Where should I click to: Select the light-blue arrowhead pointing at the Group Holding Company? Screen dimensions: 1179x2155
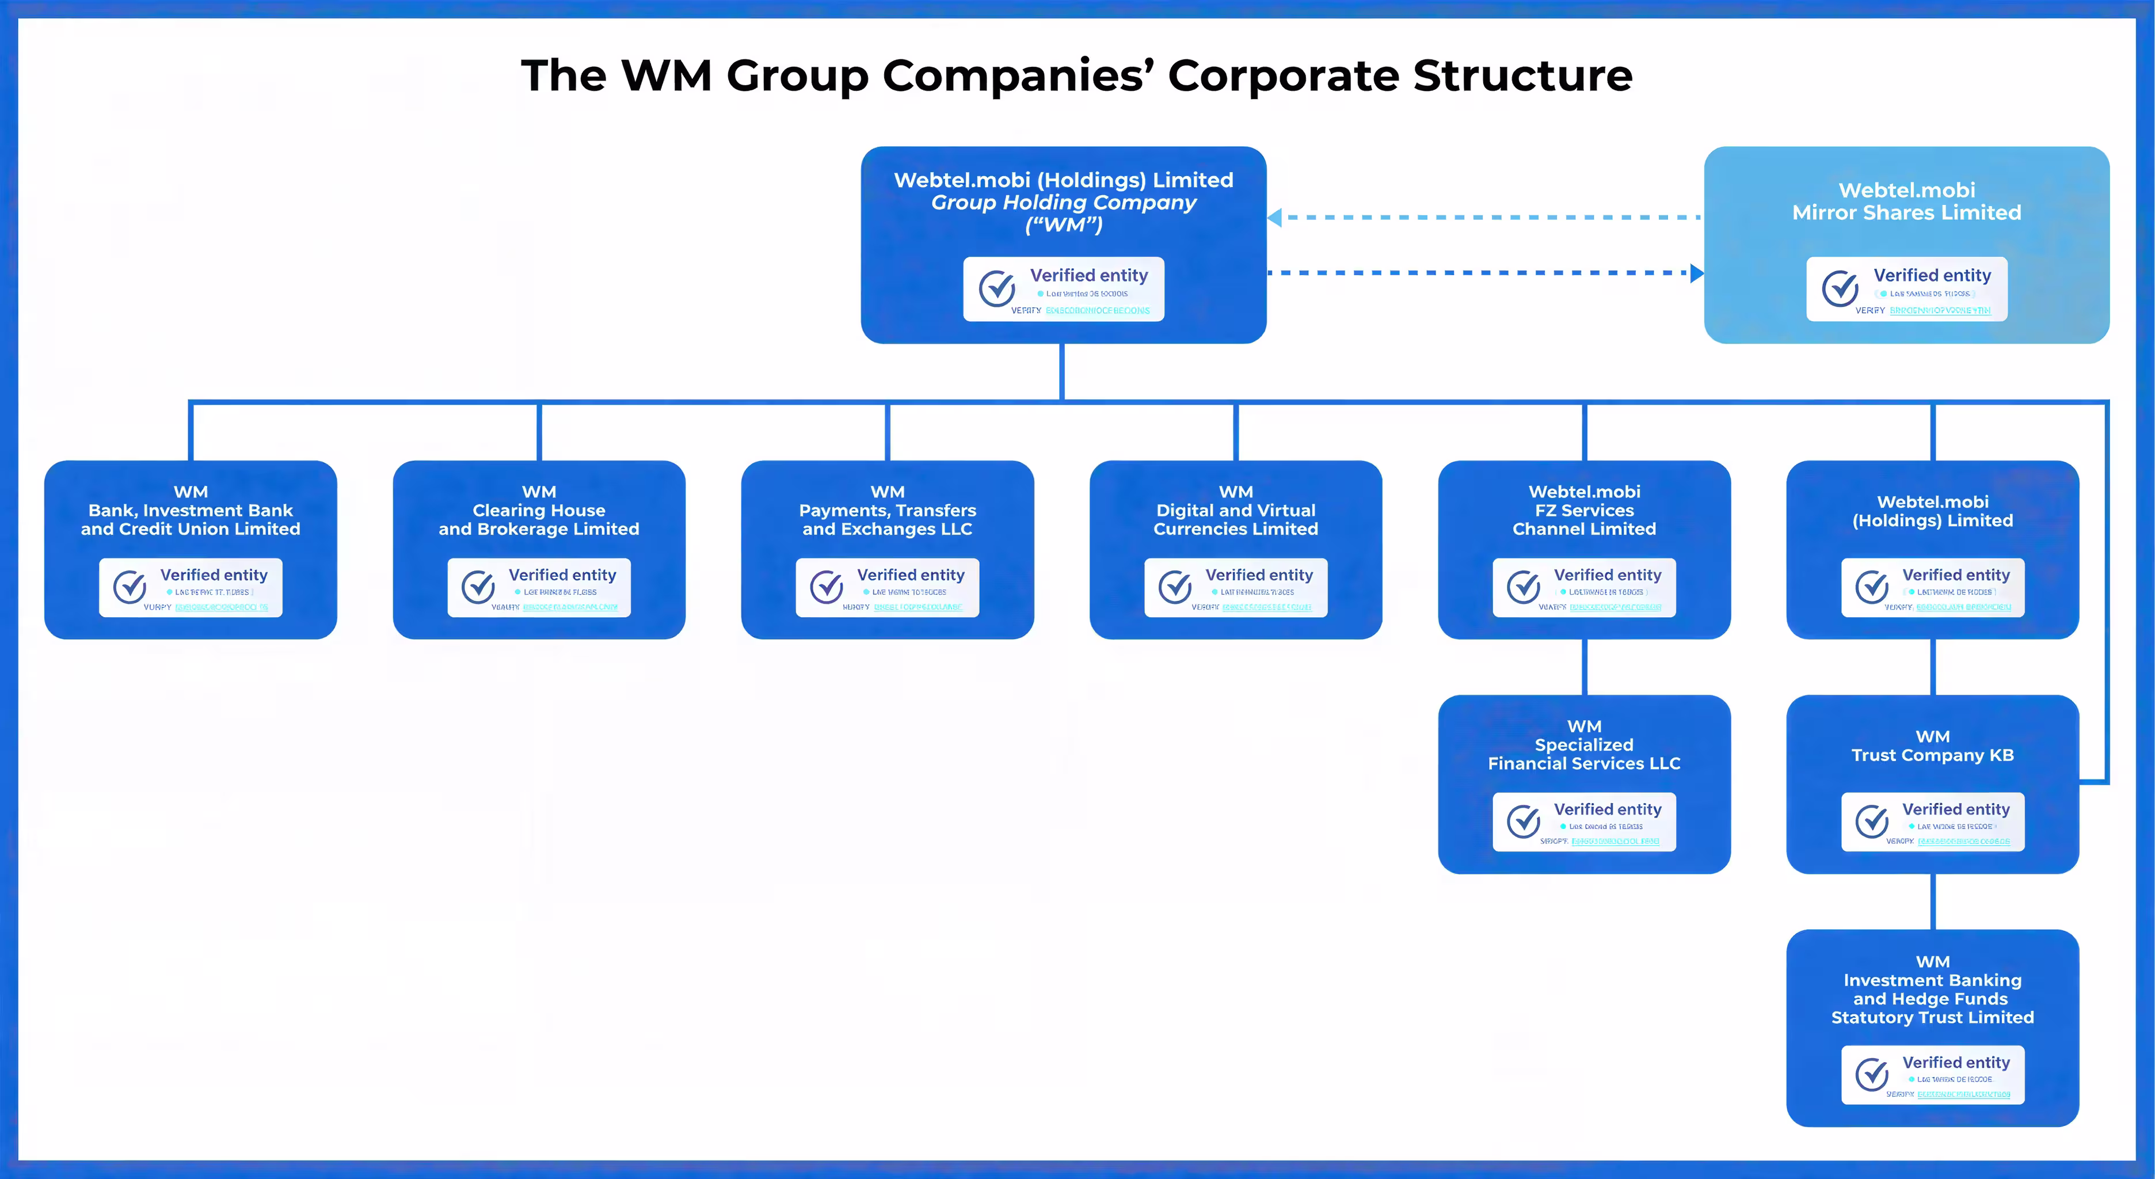[1276, 218]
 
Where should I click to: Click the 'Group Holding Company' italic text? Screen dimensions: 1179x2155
[1063, 203]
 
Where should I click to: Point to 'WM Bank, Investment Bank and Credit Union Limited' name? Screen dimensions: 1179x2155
[191, 511]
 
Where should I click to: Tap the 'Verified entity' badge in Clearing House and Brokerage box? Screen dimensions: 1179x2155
[539, 587]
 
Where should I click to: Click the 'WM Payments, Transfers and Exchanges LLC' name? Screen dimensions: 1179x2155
[887, 511]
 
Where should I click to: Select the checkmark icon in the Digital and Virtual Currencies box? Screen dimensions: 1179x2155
[1175, 587]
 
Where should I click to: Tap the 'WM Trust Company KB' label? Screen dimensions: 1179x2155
[1932, 747]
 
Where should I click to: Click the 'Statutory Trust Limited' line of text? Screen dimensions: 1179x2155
[1932, 1017]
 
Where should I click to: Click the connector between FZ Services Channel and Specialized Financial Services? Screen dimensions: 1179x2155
[1585, 667]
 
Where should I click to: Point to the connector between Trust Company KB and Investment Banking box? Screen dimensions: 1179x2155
[1932, 901]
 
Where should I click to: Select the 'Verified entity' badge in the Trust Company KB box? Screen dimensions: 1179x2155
[1932, 822]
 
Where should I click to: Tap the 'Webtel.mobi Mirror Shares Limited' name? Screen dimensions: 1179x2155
[1906, 201]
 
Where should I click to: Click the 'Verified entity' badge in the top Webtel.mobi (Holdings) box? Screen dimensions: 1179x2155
[1063, 288]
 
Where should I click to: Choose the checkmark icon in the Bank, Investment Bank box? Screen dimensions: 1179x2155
[130, 587]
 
